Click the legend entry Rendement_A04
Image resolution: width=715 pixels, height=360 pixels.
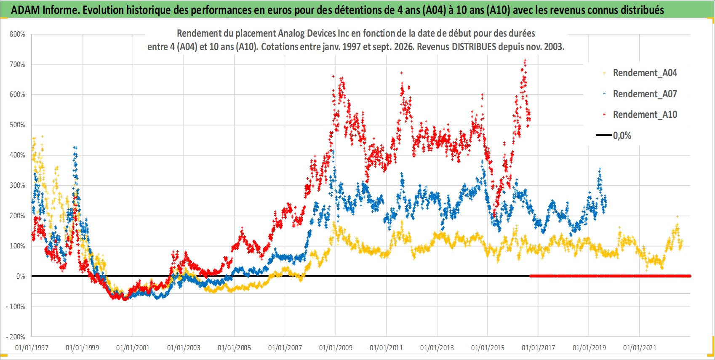640,73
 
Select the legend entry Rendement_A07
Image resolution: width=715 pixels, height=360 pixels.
640,94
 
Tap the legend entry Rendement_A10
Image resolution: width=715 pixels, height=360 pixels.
640,115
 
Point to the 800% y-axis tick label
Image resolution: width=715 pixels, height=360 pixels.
17,34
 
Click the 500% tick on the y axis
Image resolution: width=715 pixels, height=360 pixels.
17,125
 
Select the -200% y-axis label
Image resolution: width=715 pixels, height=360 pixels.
15,337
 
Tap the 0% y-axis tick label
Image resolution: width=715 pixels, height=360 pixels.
21,276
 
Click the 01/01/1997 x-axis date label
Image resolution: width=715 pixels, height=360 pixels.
32,347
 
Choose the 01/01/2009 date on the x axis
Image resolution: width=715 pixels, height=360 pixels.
336,347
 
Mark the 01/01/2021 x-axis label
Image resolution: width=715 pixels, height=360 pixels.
640,347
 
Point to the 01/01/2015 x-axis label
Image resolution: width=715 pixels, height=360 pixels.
488,347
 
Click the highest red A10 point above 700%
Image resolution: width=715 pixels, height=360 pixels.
525,60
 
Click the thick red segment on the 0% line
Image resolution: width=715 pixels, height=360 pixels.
610,276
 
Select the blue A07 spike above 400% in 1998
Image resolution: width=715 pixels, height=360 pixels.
75,147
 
